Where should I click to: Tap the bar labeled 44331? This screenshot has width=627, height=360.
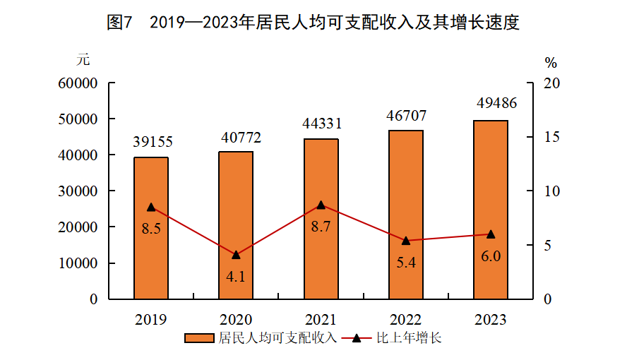click(321, 219)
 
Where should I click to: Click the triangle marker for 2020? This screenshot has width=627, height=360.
click(236, 255)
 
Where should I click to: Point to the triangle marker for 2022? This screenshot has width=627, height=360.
click(406, 241)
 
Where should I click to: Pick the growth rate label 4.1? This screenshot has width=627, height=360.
click(236, 276)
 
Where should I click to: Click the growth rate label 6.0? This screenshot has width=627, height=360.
click(491, 256)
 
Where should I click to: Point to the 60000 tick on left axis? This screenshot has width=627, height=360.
click(78, 83)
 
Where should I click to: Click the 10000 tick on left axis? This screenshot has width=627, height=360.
click(78, 263)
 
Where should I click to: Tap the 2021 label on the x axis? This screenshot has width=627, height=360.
click(321, 320)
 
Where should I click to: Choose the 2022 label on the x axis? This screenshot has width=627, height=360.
click(406, 320)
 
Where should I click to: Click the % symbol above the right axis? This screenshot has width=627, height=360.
click(551, 62)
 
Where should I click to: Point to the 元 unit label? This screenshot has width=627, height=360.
click(84, 59)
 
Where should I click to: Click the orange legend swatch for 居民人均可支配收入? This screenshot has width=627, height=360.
click(200, 338)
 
